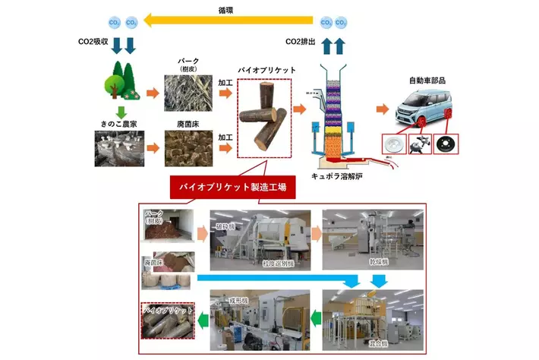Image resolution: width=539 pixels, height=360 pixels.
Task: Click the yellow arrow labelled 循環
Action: coord(228,22)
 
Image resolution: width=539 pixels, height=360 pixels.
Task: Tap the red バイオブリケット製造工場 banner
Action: coord(232,187)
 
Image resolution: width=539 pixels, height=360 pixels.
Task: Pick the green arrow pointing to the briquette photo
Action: coord(204,321)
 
